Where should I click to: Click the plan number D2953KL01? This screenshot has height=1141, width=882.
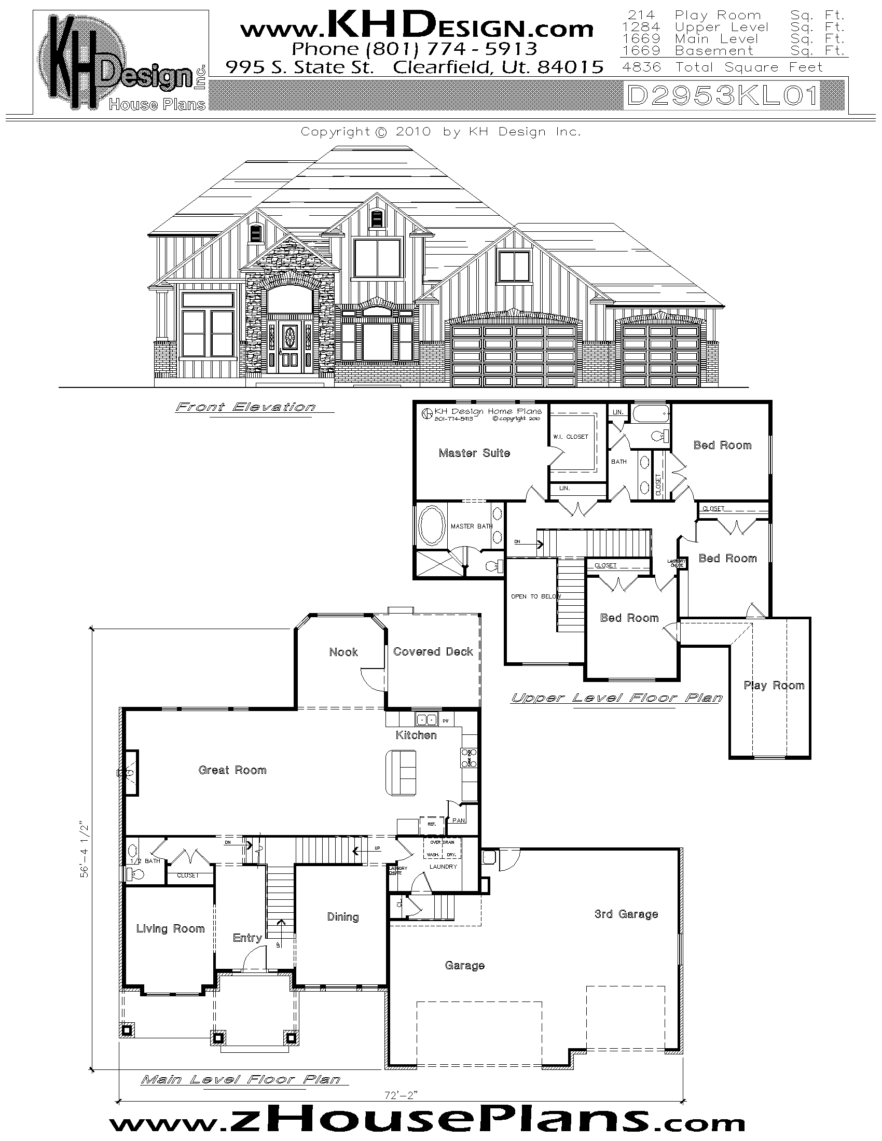point(722,96)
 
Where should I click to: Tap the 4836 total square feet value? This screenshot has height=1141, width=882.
point(642,67)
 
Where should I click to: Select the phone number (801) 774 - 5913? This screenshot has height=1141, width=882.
point(414,49)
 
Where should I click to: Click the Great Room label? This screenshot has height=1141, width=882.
point(232,770)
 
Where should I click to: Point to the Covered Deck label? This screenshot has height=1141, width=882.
point(433,651)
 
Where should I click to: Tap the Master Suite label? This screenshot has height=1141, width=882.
point(474,453)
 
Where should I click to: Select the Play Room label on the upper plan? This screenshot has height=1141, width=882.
point(774,686)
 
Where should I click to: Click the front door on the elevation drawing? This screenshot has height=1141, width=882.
point(288,347)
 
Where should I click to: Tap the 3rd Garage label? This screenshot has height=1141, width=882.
point(626,914)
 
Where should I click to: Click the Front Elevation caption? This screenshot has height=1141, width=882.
point(245,407)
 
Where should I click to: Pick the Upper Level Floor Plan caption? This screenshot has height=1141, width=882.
point(616,698)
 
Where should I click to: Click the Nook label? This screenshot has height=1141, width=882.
point(343,652)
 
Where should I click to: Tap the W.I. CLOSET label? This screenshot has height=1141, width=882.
point(570,437)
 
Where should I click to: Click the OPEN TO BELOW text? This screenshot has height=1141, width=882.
point(535,596)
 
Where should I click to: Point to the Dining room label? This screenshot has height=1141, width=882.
point(342,917)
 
